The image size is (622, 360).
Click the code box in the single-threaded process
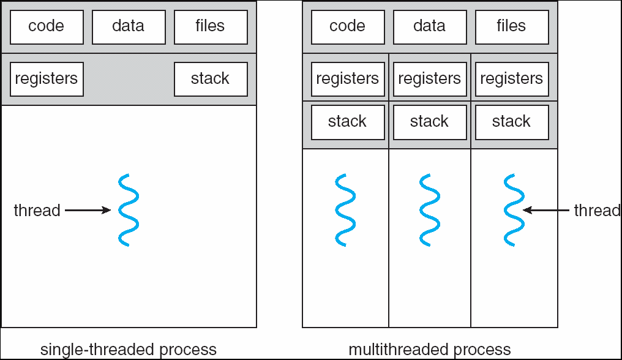[47, 27]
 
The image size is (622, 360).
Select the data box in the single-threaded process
[129, 27]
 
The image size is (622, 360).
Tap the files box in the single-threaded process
[211, 27]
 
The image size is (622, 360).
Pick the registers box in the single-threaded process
[47, 79]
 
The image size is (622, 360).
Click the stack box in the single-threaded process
[211, 79]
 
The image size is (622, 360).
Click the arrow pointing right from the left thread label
[88, 210]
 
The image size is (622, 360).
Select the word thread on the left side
[37, 211]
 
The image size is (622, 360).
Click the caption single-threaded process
[129, 350]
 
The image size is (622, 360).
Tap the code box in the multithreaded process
[348, 27]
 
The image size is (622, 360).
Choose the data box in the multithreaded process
[430, 27]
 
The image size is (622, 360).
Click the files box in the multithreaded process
[512, 27]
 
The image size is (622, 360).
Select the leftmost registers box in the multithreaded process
[348, 79]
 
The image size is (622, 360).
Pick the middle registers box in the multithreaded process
[430, 79]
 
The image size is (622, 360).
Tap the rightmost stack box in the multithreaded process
[512, 122]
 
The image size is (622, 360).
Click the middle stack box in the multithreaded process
[430, 122]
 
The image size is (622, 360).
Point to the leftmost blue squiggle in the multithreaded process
[345, 210]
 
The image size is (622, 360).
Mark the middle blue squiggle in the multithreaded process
[430, 210]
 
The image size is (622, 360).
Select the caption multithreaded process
[430, 350]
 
